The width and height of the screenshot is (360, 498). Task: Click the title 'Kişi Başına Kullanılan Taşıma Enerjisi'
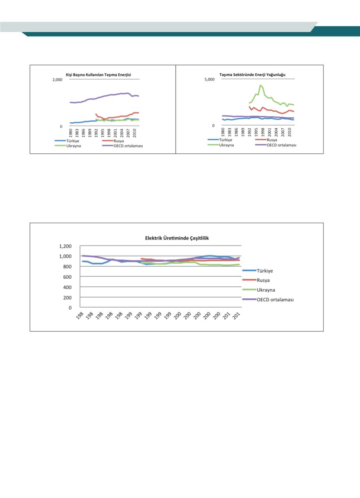[x=98, y=75]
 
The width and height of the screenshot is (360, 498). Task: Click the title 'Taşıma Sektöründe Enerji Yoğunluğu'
[x=252, y=74]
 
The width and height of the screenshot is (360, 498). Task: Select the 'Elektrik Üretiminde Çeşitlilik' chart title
[x=177, y=238]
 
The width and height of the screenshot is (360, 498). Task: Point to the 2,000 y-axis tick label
[x=57, y=80]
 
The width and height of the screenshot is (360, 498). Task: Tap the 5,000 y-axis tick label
[x=209, y=80]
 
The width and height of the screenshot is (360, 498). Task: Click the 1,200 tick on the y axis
[x=65, y=246]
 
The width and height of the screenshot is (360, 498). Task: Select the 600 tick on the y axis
[x=67, y=277]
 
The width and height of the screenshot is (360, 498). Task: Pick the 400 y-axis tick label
[x=67, y=288]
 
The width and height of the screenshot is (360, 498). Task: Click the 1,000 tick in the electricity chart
[x=65, y=257]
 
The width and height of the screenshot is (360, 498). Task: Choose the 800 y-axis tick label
[x=67, y=267]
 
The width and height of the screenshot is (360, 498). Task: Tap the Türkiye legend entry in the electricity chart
[x=265, y=271]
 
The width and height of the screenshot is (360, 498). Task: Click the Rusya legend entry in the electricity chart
[x=263, y=280]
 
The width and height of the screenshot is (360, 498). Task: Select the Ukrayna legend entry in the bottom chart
[x=265, y=290]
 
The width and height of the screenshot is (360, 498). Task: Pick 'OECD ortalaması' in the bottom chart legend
[x=275, y=299]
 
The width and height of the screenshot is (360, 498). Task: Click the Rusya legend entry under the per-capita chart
[x=119, y=141]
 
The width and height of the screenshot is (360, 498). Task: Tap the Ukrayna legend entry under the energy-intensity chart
[x=226, y=145]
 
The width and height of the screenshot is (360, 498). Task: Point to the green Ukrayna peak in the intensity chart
[x=260, y=85]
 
